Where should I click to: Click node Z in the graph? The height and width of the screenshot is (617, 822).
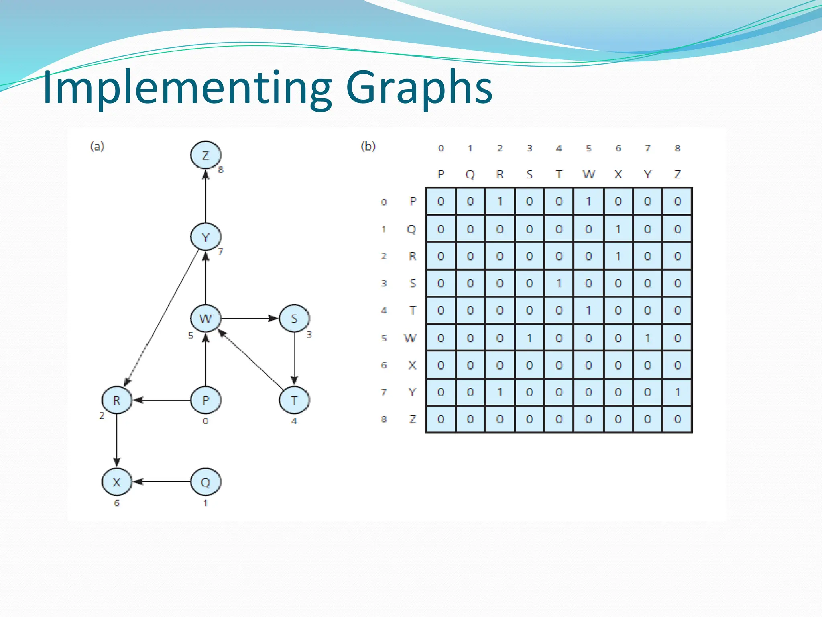[x=205, y=155]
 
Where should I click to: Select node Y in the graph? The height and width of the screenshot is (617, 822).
[x=205, y=237]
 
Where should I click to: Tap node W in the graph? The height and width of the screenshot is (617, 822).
[x=205, y=319]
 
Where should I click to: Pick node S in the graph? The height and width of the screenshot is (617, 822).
[x=294, y=319]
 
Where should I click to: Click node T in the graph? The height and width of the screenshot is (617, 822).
[x=294, y=400]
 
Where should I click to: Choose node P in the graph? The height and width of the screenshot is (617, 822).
[x=205, y=400]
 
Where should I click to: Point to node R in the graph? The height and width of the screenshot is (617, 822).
[x=117, y=400]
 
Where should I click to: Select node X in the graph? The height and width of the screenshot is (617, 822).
[x=117, y=482]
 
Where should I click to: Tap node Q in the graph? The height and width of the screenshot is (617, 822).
[x=205, y=482]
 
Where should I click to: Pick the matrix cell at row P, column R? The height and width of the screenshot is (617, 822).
[x=500, y=201]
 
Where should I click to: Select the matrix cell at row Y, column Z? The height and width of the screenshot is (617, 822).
[x=677, y=392]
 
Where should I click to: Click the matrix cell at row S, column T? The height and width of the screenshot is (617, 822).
[x=559, y=284]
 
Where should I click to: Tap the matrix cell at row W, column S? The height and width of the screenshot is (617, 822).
[x=529, y=338]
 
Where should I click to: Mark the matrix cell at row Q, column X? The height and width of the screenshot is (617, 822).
[x=618, y=229]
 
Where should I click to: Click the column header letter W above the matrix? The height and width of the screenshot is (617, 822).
[x=588, y=174]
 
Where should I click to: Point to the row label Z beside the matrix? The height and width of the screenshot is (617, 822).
[x=412, y=419]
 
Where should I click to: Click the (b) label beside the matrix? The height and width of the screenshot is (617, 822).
[x=368, y=146]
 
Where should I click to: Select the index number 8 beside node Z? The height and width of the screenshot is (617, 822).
[x=220, y=170]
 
